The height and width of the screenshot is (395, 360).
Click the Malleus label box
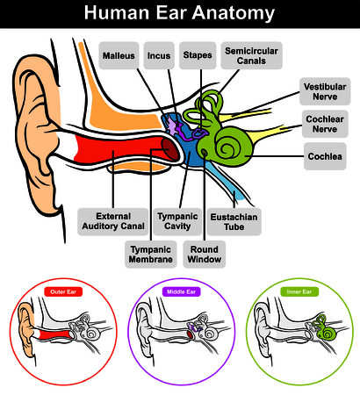pyautogui.click(x=119, y=55)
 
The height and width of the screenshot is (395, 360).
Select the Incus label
pyautogui.click(x=159, y=55)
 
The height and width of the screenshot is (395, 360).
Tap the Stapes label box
pyautogui.click(x=198, y=55)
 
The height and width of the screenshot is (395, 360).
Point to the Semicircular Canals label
pyautogui.click(x=251, y=55)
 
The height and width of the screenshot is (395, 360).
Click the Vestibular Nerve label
pyautogui.click(x=325, y=91)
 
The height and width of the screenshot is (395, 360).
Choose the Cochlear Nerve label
pyautogui.click(x=325, y=124)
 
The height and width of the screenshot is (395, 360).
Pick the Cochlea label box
pyautogui.click(x=325, y=156)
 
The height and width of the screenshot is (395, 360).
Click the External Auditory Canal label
pyautogui.click(x=113, y=221)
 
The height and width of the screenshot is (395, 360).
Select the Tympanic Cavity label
pyautogui.click(x=177, y=221)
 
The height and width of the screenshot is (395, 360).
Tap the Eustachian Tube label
pyautogui.click(x=234, y=222)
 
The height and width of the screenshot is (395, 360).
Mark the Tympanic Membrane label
pyautogui.click(x=151, y=255)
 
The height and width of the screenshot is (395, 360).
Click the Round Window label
pyautogui.click(x=205, y=255)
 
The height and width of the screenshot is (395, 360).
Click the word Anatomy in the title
pyautogui.click(x=234, y=13)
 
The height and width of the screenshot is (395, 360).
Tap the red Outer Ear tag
pyautogui.click(x=63, y=291)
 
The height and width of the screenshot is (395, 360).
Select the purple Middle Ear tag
pyautogui.click(x=181, y=291)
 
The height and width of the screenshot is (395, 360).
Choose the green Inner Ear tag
pyautogui.click(x=299, y=291)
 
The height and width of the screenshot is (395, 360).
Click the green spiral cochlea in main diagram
pyautogui.click(x=231, y=147)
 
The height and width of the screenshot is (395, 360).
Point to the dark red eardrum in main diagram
pyautogui.click(x=170, y=148)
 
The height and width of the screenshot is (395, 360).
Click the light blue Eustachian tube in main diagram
pyautogui.click(x=226, y=182)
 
